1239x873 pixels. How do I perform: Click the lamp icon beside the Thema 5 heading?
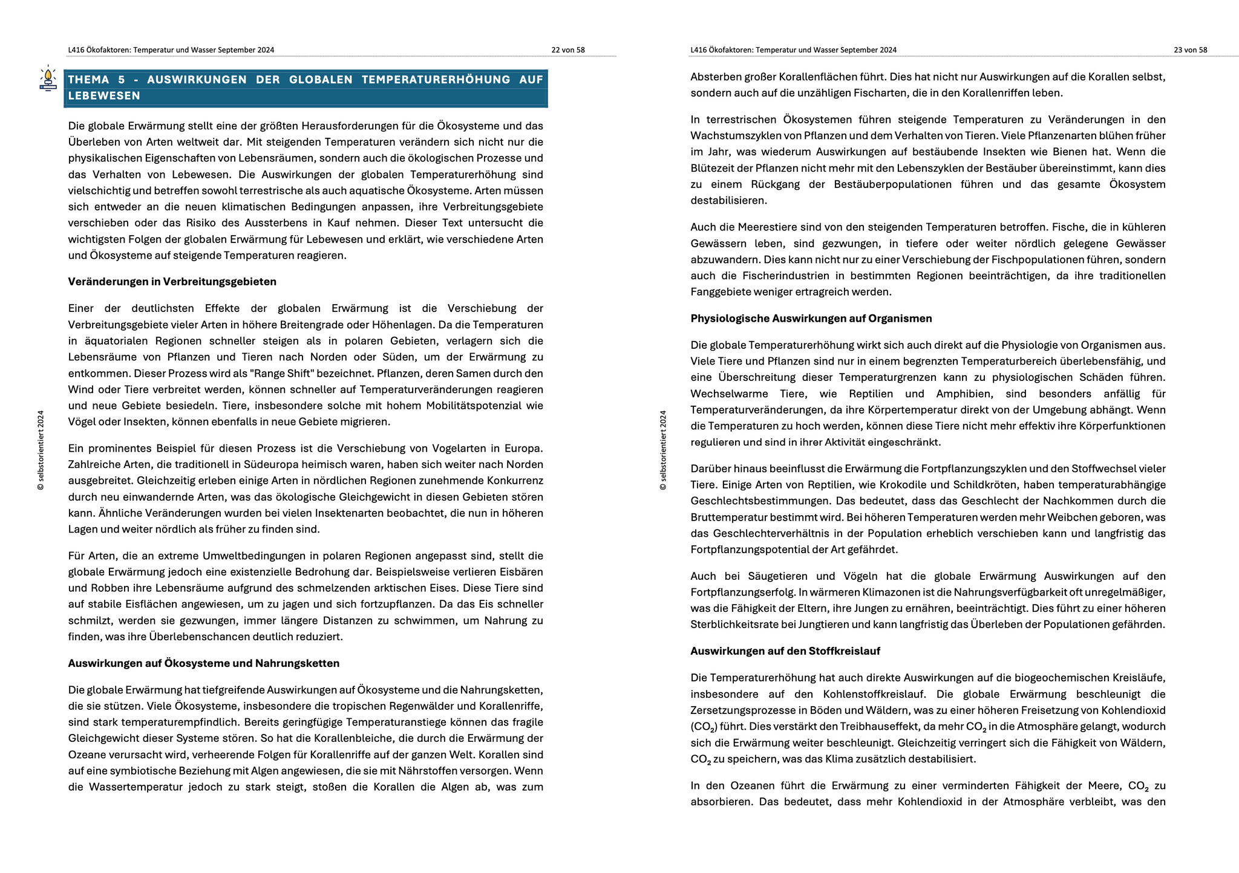[x=48, y=79]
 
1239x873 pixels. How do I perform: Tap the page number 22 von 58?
[x=567, y=50]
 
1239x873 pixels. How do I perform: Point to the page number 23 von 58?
[x=1190, y=50]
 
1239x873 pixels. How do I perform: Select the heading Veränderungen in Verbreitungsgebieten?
[x=172, y=282]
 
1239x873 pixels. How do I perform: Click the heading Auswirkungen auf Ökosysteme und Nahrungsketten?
[x=203, y=663]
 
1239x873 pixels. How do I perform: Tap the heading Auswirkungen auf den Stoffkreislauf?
[x=785, y=651]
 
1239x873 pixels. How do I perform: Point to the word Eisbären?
[x=521, y=572]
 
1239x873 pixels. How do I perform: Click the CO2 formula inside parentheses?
[x=704, y=727]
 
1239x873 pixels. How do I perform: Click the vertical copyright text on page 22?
[x=41, y=450]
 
